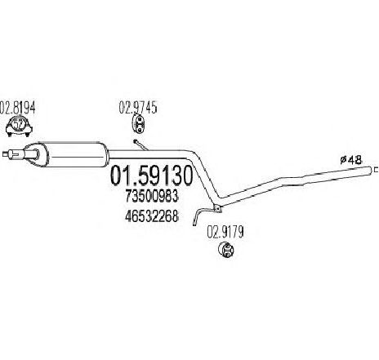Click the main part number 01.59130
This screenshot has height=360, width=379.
151,176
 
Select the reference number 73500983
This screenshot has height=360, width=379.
152,196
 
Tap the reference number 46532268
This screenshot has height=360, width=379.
152,216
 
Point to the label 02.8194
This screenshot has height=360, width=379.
17,108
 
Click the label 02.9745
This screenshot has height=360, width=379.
138,107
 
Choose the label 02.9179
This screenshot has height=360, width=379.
225,232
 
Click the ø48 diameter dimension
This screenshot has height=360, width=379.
351,160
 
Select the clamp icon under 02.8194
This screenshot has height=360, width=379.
19,127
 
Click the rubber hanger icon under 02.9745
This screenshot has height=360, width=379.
139,124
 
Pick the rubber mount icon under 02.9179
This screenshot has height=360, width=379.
226,250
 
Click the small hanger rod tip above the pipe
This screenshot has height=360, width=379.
135,141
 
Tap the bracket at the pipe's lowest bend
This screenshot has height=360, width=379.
218,208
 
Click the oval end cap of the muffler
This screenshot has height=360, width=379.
34,154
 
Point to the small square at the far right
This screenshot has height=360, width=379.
377,170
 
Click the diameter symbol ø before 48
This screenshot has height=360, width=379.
343,160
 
